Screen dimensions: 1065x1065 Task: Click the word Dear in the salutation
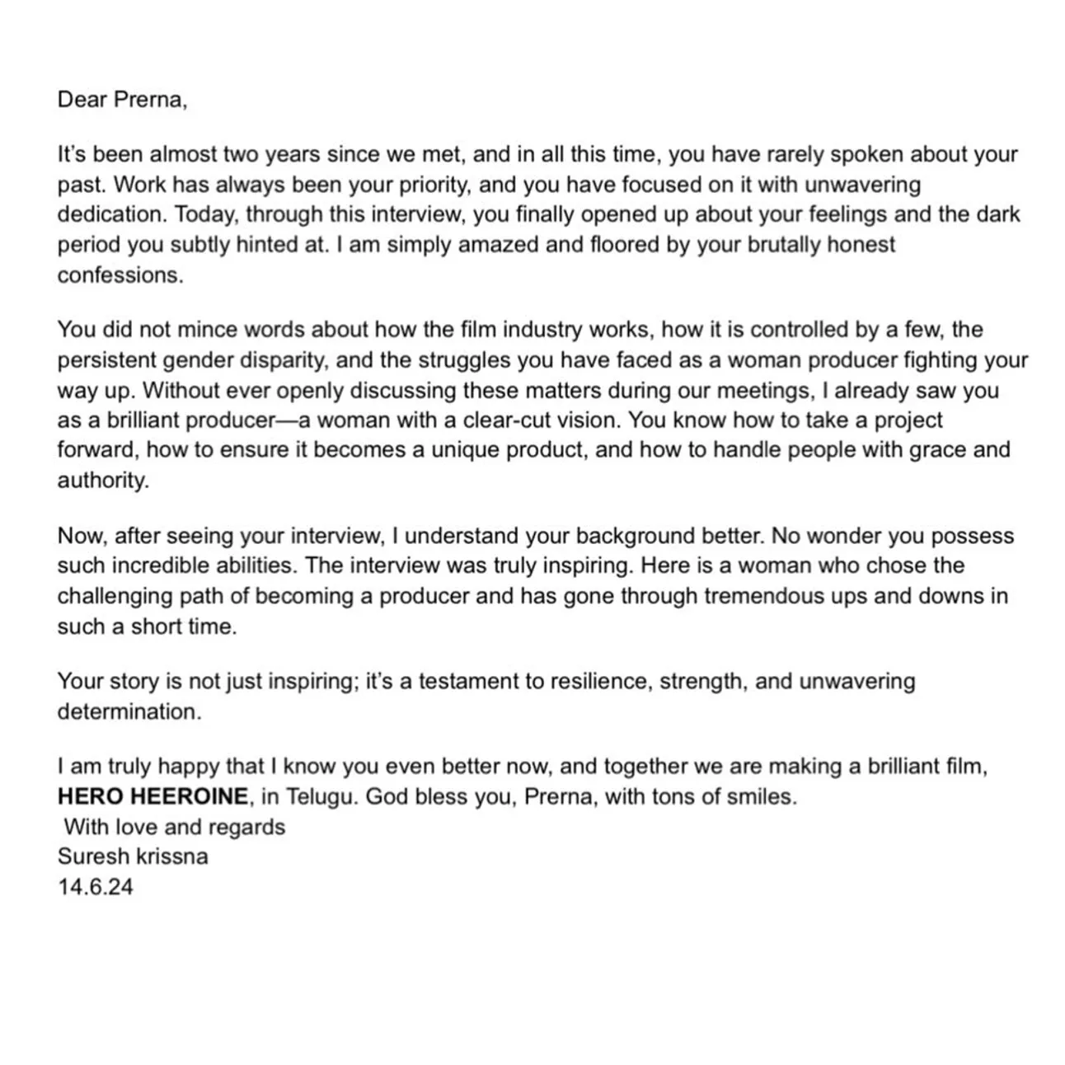[82, 100]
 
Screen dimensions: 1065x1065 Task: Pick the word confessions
[120, 274]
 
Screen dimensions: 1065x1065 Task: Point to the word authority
[103, 481]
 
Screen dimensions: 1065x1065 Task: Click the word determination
[129, 711]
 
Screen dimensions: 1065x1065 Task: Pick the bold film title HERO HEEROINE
[152, 797]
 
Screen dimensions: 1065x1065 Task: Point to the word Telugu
[318, 797]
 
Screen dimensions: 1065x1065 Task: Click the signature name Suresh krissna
[133, 856]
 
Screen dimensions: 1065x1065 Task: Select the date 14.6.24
[95, 887]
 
